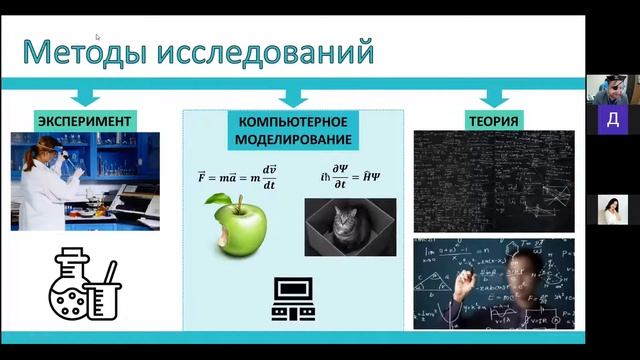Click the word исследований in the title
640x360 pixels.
265,51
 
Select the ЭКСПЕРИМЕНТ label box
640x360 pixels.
85,122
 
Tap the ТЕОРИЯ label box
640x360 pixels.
493,122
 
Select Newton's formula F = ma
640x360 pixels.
238,177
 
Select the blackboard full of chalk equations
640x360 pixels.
493,181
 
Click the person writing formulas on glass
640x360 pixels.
493,283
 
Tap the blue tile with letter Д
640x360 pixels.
613,121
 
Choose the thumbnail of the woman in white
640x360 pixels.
612,210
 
